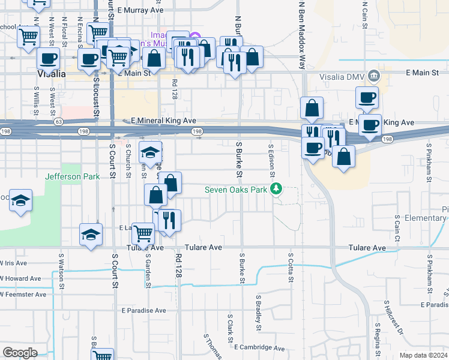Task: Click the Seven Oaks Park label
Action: (x=235, y=190)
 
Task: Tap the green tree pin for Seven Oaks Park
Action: (x=276, y=190)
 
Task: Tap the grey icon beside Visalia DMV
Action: (x=374, y=76)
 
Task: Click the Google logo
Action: (x=20, y=353)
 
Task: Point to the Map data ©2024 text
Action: (x=424, y=355)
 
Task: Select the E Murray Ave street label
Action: (x=140, y=10)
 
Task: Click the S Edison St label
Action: (x=271, y=160)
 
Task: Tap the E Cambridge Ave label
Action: (x=259, y=347)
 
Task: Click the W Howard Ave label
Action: (x=20, y=278)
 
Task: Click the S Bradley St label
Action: (x=259, y=313)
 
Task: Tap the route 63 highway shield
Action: (x=58, y=122)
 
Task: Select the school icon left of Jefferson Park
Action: (x=21, y=200)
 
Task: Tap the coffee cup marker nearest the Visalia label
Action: (x=48, y=59)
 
